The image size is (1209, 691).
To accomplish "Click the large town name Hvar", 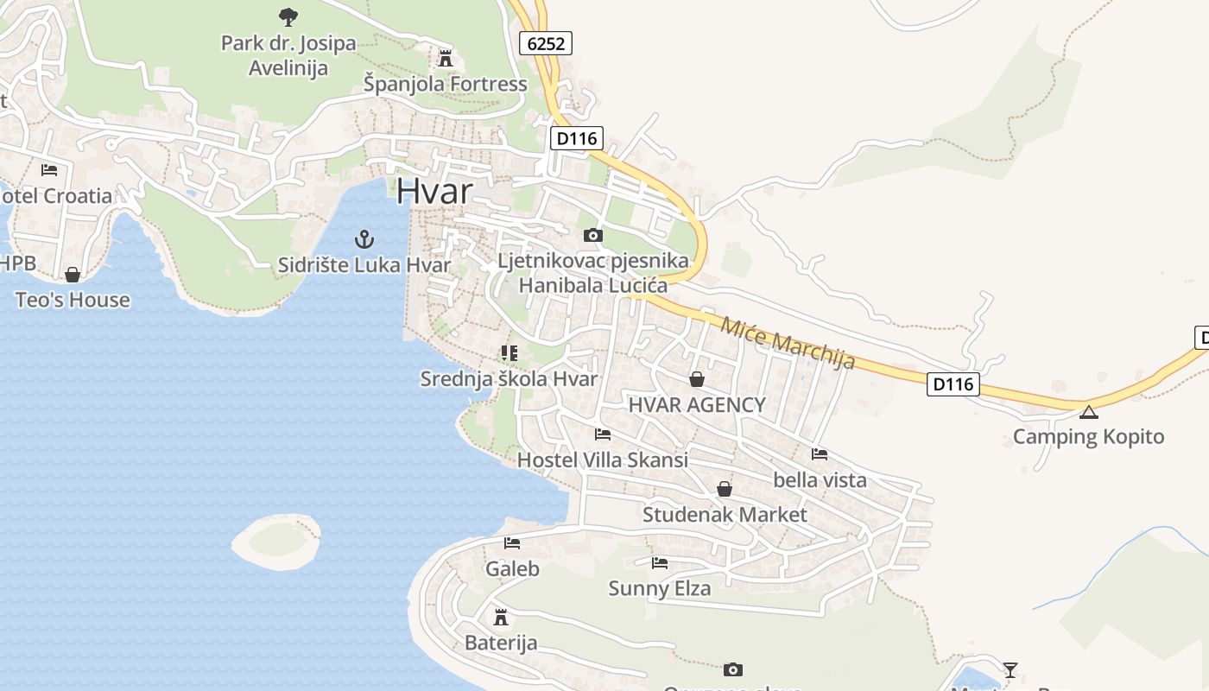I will (x=434, y=191).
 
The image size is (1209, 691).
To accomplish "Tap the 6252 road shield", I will (x=547, y=43).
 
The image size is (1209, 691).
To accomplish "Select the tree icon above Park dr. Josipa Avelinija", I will (x=288, y=16).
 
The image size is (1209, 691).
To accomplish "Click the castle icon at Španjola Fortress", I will (x=446, y=59).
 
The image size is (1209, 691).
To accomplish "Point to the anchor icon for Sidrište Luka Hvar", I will (x=364, y=238).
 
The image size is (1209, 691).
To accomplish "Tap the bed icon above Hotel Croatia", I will (x=49, y=169).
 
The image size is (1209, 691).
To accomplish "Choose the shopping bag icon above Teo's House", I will (x=73, y=275).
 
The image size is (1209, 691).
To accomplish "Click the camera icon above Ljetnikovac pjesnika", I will (x=592, y=235).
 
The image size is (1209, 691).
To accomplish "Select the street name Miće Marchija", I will (x=787, y=342).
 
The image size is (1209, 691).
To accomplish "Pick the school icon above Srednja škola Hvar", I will (x=509, y=352).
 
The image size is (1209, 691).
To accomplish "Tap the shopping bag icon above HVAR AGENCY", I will (x=697, y=378).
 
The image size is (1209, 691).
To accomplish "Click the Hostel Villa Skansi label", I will (x=603, y=460).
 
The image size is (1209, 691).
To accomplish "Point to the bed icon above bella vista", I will (x=820, y=453).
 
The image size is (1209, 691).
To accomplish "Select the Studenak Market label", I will (x=725, y=515).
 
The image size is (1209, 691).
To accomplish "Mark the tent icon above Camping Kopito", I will (x=1088, y=411).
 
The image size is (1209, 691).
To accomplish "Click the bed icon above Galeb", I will (x=512, y=543).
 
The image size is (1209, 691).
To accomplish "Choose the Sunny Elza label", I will (x=660, y=589).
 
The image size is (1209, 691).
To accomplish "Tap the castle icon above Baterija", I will (x=500, y=617).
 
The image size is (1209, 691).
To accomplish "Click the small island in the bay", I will (x=276, y=541).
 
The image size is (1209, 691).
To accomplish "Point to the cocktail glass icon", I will (x=1010, y=669).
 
